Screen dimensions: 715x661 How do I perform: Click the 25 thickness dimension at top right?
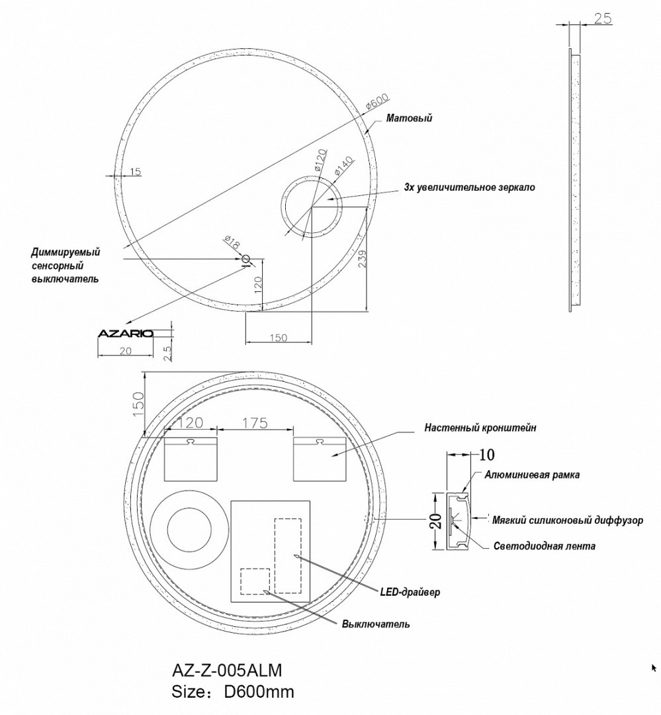point(602,19)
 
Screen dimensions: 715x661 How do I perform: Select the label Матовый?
point(409,119)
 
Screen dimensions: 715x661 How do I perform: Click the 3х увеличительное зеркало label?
point(469,187)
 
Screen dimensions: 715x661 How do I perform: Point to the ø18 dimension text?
point(232,242)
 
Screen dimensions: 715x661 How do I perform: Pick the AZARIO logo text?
point(125,333)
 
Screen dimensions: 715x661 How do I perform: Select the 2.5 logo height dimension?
point(167,352)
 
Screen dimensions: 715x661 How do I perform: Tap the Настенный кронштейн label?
point(480,428)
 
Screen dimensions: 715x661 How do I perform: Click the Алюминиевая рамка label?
point(527,475)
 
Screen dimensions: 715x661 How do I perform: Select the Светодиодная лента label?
point(544,546)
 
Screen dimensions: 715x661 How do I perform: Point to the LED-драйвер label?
point(410,591)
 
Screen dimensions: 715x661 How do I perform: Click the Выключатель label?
point(376,624)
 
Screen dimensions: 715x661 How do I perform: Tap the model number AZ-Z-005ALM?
point(227,671)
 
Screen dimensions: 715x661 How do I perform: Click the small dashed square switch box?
point(255,581)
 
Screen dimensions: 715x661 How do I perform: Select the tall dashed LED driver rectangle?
point(288,555)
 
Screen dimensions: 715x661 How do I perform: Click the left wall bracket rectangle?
point(190,459)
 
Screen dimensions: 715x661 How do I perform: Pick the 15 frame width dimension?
point(135,172)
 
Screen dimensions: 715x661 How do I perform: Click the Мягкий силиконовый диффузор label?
point(568,520)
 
